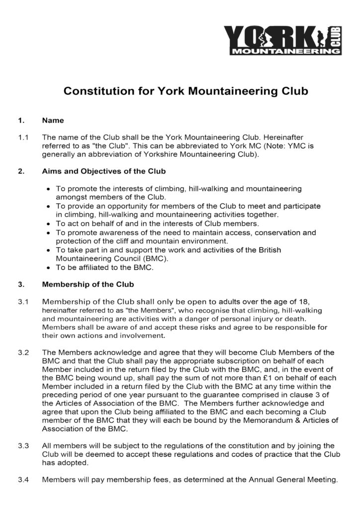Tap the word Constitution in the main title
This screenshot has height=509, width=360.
click(96, 91)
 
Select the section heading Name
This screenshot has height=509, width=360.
click(53, 120)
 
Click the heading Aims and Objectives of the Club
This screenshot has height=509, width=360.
click(104, 171)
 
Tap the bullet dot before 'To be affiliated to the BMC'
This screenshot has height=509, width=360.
click(47, 267)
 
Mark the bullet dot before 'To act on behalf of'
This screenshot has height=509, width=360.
click(47, 224)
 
